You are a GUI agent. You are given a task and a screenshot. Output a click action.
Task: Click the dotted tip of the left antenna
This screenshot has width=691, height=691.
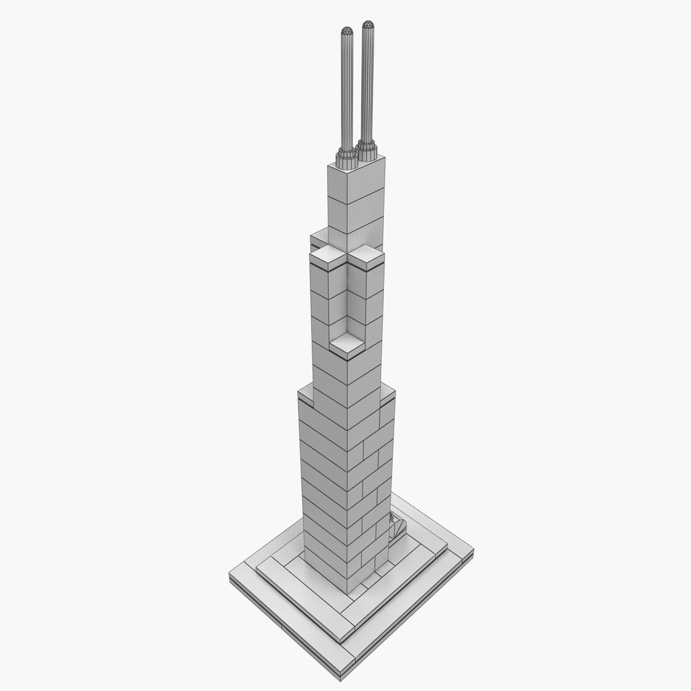click(x=347, y=31)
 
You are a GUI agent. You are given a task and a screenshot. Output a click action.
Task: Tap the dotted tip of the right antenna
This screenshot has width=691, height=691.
click(x=367, y=26)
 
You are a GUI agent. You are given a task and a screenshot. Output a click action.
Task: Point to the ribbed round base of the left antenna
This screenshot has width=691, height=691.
click(x=345, y=154)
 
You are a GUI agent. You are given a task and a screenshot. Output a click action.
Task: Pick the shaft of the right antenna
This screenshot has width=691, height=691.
click(x=367, y=83)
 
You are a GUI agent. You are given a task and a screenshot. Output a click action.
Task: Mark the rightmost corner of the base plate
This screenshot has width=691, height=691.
click(x=473, y=548)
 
